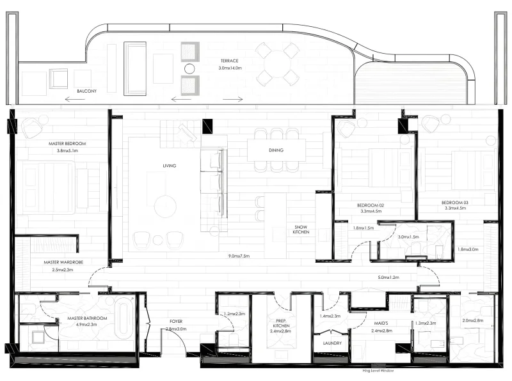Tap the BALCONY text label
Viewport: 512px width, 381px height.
(x=86, y=91)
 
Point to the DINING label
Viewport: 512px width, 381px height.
(x=276, y=150)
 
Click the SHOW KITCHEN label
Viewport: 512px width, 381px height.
(x=301, y=230)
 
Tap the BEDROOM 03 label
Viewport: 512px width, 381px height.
(x=455, y=203)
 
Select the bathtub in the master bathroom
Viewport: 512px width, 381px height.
(x=124, y=318)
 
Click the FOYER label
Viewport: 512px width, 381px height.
(x=176, y=321)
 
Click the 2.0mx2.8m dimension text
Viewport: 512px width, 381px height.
(x=473, y=321)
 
